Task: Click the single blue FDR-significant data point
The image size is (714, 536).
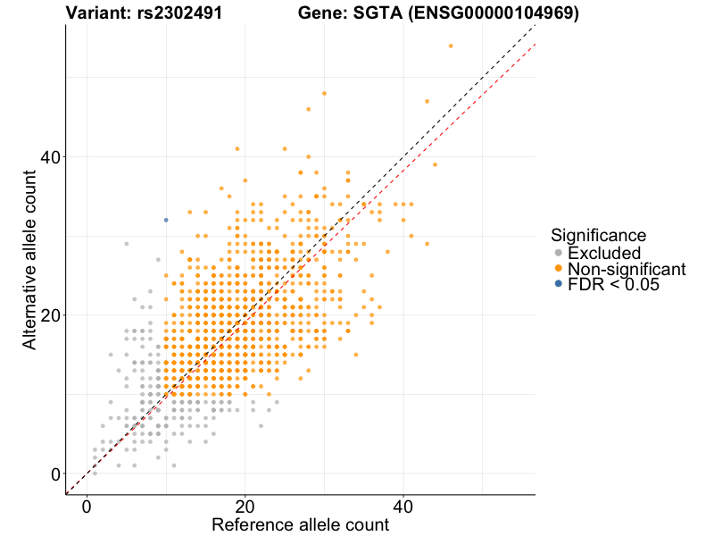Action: (166, 220)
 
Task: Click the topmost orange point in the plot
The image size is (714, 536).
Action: (451, 46)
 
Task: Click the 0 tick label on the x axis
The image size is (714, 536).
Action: (87, 505)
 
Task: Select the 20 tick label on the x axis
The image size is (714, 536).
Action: (245, 505)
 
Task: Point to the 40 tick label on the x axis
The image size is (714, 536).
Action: (403, 505)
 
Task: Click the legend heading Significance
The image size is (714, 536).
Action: (598, 235)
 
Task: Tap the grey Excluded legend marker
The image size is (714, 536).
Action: (559, 253)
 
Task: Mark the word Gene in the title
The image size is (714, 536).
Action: (320, 13)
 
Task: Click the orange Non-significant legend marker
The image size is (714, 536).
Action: (559, 268)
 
